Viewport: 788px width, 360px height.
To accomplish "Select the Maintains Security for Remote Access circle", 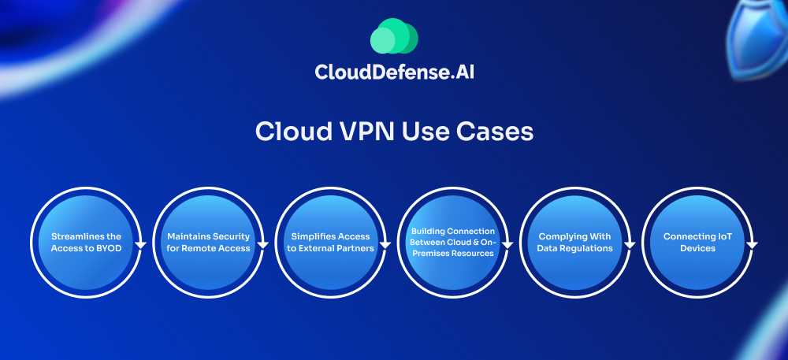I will coord(208,242).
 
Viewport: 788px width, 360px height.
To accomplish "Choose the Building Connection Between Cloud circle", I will coord(452,242).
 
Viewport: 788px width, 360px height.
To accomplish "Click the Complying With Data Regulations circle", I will coord(575,242).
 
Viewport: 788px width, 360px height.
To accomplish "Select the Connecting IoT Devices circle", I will coord(698,242).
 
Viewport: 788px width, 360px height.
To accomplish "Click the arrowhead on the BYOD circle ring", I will coord(140,244).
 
